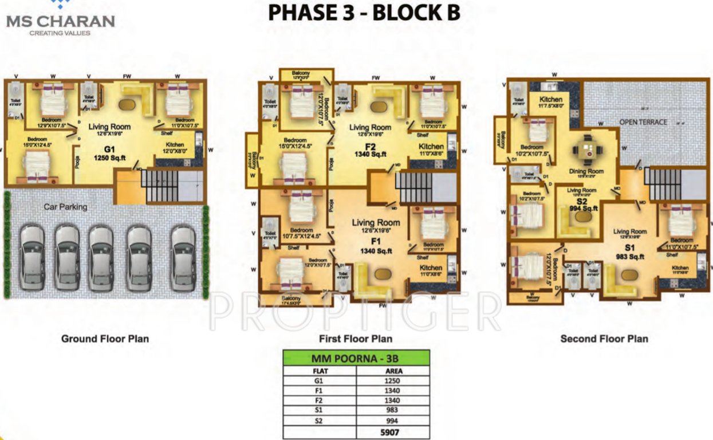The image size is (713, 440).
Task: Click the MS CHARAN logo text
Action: pyautogui.click(x=60, y=21)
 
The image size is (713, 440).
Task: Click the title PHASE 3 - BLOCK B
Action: pyautogui.click(x=364, y=13)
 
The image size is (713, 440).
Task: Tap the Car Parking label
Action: pyautogui.click(x=65, y=206)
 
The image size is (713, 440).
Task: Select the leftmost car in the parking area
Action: pyautogui.click(x=32, y=256)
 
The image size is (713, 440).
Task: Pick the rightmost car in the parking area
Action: pyautogui.click(x=184, y=256)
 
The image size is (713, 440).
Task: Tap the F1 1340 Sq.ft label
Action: pyautogui.click(x=375, y=246)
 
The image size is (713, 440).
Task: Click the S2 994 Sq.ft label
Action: pyautogui.click(x=582, y=205)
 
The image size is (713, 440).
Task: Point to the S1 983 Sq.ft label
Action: pyautogui.click(x=629, y=253)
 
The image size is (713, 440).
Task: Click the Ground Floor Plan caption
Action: pyautogui.click(x=105, y=339)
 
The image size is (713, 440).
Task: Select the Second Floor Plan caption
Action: pyautogui.click(x=604, y=339)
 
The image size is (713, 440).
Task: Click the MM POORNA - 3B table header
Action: pyautogui.click(x=355, y=359)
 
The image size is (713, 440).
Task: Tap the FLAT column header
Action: pyautogui.click(x=320, y=371)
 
